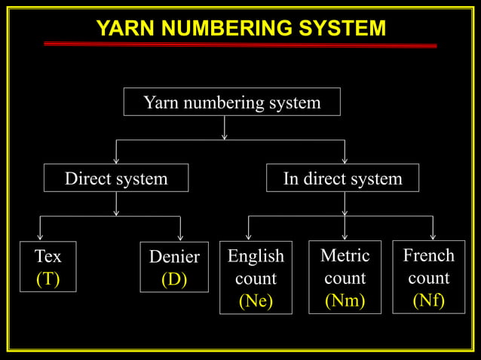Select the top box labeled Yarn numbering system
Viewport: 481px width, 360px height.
[x=231, y=102]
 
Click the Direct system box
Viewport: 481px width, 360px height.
[x=115, y=178]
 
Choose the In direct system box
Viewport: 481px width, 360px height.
[x=342, y=178]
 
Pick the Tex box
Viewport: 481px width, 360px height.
[x=47, y=267]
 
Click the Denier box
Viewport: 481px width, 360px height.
[x=174, y=267]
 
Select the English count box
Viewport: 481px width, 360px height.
[x=256, y=277]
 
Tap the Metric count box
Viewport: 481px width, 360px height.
[x=345, y=276]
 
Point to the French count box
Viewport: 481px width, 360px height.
[x=428, y=276]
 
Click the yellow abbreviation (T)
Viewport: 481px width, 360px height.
[x=47, y=279]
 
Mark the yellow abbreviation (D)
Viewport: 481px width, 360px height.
[x=174, y=279]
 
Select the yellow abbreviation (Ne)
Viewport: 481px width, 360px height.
[x=256, y=301]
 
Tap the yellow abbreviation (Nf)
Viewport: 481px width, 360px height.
[x=428, y=301]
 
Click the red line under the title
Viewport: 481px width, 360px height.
[x=240, y=45]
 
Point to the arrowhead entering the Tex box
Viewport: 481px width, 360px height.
[x=40, y=236]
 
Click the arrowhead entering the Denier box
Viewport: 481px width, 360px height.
[x=180, y=236]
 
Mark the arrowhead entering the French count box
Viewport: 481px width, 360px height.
[x=433, y=236]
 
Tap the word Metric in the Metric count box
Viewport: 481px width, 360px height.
[x=345, y=255]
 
